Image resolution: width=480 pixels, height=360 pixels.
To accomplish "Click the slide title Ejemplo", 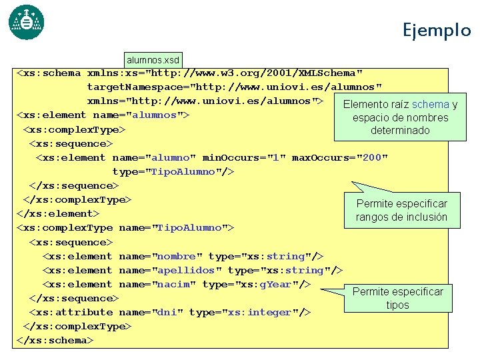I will pos(436,30).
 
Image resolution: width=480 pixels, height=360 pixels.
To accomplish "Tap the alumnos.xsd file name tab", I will pos(153,60).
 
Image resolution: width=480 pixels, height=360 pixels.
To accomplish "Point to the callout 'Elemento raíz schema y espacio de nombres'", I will pos(399,117).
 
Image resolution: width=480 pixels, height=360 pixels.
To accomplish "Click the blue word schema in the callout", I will pos(431,104).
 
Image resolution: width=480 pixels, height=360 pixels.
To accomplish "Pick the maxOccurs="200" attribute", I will pos(339,157).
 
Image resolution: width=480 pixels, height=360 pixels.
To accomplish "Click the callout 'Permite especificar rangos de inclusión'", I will pos(401,210).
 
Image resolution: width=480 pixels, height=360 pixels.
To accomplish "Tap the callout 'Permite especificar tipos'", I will pos(397,298).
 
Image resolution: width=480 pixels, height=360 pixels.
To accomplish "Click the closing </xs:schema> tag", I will pos(54,340).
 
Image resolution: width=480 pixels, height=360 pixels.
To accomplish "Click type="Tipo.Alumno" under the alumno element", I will pos(173,171).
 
